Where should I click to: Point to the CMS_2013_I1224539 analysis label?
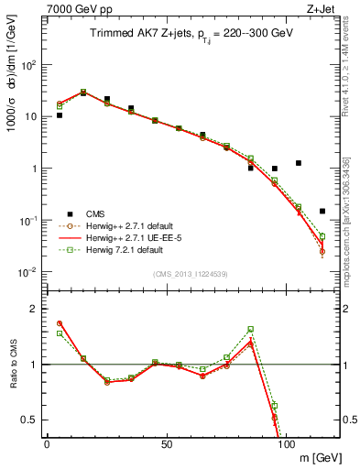192,274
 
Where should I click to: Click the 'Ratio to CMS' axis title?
12,364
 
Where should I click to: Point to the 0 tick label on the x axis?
47,444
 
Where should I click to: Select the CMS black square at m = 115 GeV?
322,211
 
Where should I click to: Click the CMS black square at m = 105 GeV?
299,163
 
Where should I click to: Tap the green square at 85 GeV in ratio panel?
250,329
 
